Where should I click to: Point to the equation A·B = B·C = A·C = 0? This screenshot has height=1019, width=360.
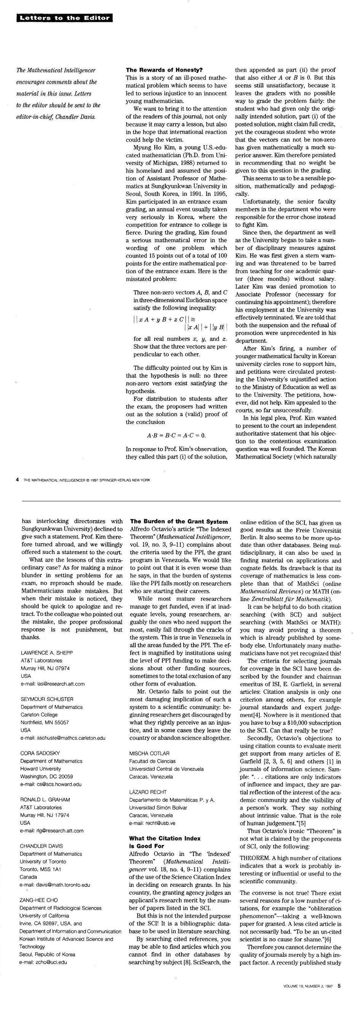point(176,435)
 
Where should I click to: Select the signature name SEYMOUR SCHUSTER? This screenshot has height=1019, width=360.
point(47,699)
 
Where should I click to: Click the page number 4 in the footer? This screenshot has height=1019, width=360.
point(18,480)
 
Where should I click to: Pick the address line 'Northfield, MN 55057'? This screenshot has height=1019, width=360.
point(45,722)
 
